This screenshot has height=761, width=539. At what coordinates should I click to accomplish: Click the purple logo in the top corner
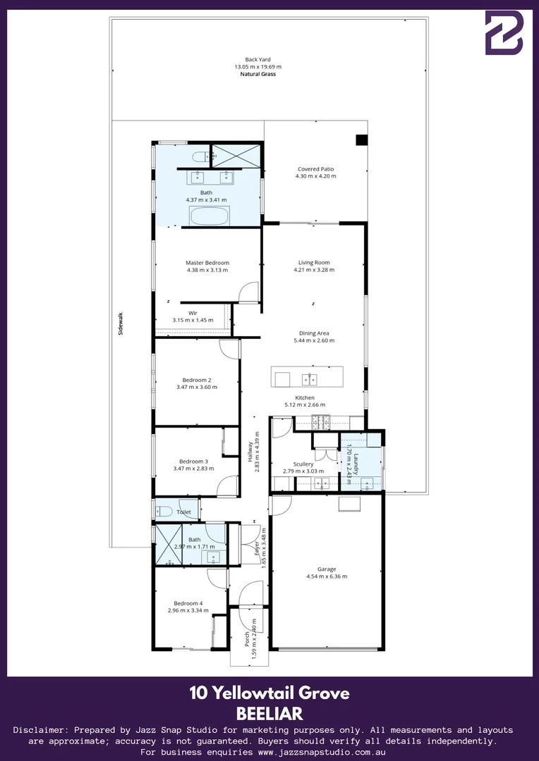point(504,32)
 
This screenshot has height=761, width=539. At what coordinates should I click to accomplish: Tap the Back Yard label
point(258,60)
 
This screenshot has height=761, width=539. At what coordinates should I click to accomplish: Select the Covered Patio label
point(315,169)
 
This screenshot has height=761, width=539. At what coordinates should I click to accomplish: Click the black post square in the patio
point(362,140)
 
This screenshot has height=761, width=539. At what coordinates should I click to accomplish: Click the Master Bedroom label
point(207,263)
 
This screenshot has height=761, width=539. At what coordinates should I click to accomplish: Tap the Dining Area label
point(314,333)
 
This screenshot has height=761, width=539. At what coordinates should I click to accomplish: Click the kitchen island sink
point(310,380)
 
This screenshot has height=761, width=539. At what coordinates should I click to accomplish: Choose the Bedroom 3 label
point(193,462)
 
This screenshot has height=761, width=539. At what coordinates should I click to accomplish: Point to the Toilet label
point(184,512)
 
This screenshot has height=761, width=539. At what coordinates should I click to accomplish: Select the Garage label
point(327,569)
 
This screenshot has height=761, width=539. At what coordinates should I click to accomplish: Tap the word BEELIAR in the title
point(269,713)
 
